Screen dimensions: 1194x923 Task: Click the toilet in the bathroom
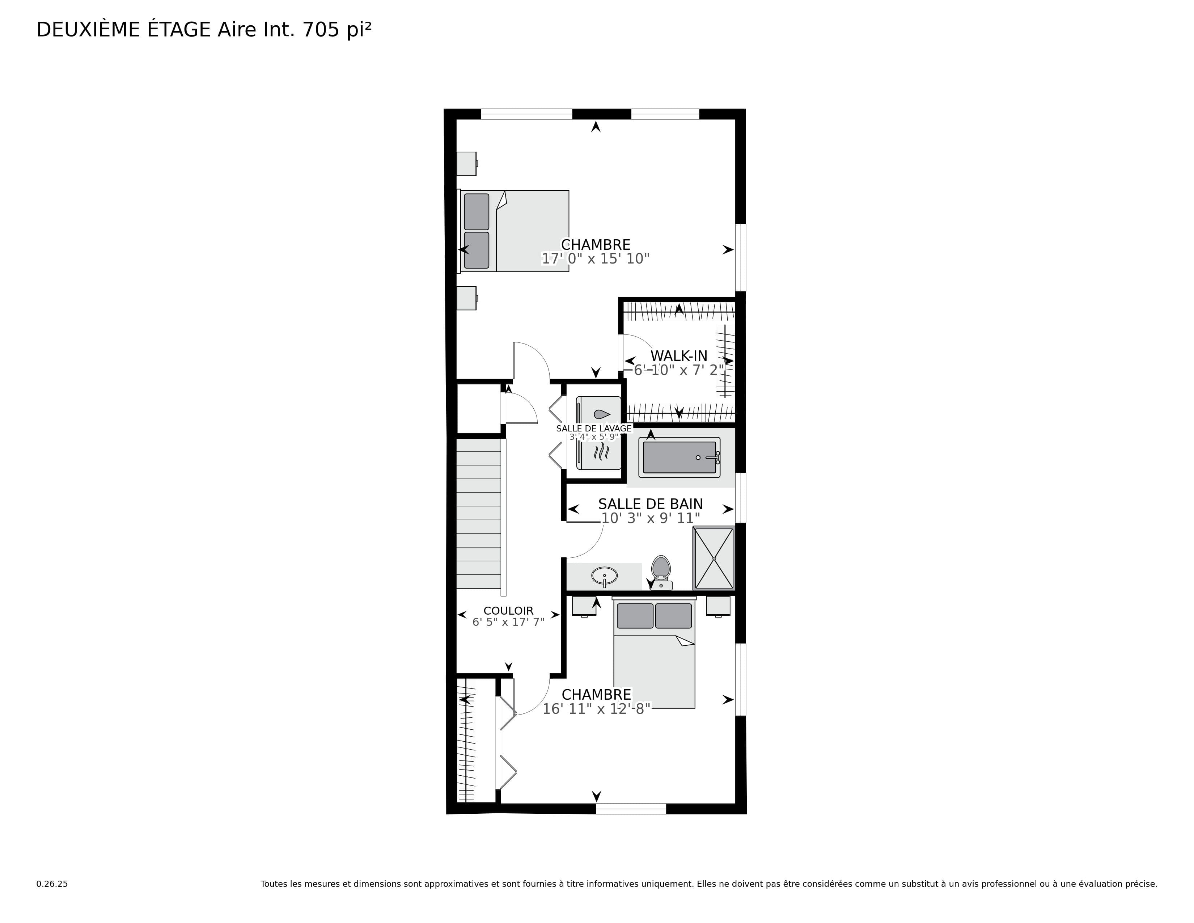click(661, 572)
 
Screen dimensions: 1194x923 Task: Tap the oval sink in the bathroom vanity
click(604, 576)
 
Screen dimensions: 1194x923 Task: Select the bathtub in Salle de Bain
click(679, 457)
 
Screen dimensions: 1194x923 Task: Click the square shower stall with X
click(714, 558)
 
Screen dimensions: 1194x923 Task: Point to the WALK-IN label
click(678, 356)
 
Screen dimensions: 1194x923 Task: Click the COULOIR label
click(508, 611)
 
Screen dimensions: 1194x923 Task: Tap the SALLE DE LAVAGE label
click(594, 429)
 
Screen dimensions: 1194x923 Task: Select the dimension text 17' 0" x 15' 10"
click(595, 259)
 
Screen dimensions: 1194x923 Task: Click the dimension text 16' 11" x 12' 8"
click(596, 709)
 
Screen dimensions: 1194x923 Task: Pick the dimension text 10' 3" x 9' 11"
click(651, 518)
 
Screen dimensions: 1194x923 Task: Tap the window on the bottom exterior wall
click(631, 809)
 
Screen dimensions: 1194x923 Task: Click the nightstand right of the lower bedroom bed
click(718, 606)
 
